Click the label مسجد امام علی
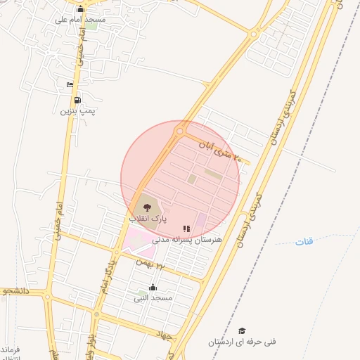(80, 20)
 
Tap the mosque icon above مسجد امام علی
(80, 9)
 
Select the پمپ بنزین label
(77, 110)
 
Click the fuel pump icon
(77, 100)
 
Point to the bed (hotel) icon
(70, 85)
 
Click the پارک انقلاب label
(148, 219)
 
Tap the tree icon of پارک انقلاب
(147, 207)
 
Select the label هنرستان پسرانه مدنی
(187, 240)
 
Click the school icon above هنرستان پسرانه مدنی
(186, 229)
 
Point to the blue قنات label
(304, 242)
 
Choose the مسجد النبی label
(153, 298)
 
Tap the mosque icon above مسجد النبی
(153, 287)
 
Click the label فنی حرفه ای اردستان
(242, 342)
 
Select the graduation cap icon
(242, 330)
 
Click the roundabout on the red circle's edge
(181, 131)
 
